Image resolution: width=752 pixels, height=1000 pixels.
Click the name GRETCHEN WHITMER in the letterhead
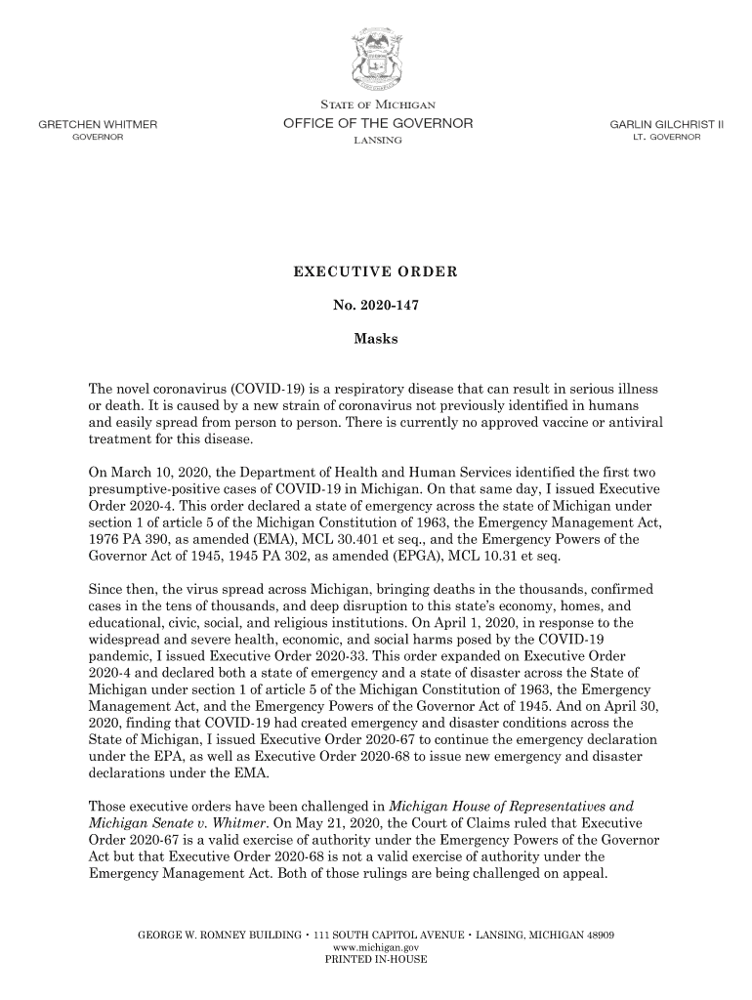pos(99,124)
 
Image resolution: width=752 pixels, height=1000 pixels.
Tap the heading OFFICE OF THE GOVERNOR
pos(377,123)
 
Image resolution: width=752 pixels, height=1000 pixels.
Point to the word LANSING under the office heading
pos(376,142)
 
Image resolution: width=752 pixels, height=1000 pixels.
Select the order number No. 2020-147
pos(376,306)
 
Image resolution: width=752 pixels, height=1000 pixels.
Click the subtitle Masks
pos(376,341)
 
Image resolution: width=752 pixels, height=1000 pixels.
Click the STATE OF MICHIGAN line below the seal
pos(377,104)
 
